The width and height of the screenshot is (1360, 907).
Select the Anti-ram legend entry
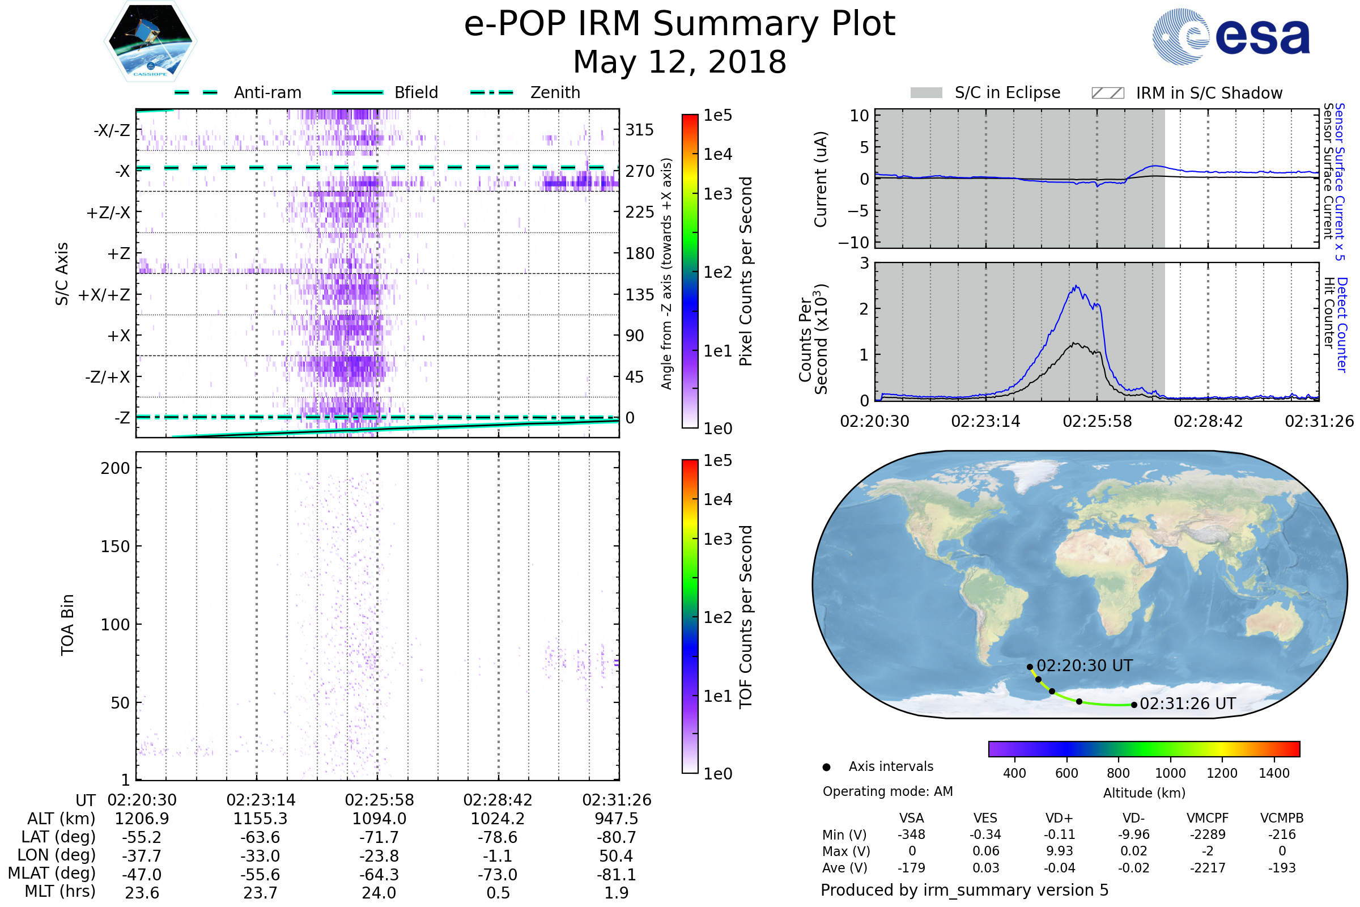[x=267, y=92]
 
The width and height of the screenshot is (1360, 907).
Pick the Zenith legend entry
[x=555, y=92]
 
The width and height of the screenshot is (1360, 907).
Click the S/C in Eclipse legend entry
[x=1007, y=92]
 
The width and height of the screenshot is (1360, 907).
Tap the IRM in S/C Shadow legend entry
[x=1209, y=93]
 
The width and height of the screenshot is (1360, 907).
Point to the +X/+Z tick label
[x=104, y=295]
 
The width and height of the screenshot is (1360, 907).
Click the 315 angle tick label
[x=639, y=130]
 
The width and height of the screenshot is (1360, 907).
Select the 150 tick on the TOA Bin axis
[x=115, y=546]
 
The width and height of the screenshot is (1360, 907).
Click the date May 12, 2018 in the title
[x=679, y=62]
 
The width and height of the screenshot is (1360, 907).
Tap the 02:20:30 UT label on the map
[x=1084, y=666]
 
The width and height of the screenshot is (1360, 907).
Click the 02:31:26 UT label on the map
[x=1187, y=704]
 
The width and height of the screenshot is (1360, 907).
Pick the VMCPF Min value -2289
[x=1208, y=834]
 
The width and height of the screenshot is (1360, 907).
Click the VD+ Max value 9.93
[x=1059, y=851]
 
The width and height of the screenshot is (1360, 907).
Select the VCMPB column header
[x=1281, y=818]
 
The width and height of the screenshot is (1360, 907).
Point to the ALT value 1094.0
[x=379, y=819]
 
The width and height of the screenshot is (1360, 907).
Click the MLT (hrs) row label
[x=59, y=891]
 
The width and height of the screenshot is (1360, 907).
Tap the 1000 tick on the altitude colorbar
[x=1170, y=773]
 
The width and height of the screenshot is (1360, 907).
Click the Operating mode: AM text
[x=887, y=791]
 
